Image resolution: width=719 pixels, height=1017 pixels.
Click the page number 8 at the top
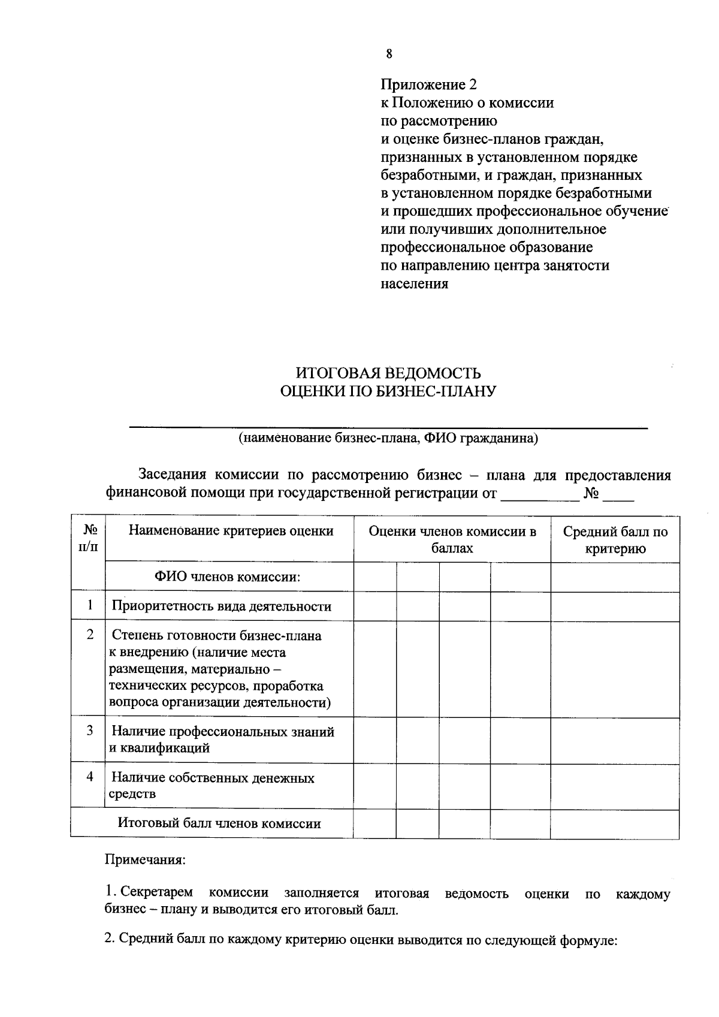coord(389,54)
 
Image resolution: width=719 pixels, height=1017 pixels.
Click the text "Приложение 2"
coord(428,85)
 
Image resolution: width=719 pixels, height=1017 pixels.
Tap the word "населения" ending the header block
coord(415,283)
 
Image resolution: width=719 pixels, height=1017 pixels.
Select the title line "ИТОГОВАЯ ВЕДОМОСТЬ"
coord(389,373)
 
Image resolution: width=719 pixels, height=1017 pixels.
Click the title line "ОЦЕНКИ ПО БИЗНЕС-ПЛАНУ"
coord(389,392)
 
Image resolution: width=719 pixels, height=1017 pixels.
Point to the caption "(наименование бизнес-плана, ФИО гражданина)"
coord(389,438)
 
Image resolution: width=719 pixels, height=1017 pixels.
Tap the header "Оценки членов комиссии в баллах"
coord(452,539)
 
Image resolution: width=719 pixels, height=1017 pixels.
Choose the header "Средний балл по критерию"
coord(615,539)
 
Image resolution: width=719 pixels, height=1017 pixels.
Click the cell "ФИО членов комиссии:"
coord(227,577)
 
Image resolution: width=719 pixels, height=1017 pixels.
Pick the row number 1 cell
coord(89,605)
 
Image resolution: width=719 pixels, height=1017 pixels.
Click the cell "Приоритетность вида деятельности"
coord(222,606)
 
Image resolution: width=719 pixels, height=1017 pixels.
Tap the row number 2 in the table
coord(89,635)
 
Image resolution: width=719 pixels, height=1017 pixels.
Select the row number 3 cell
coord(89,731)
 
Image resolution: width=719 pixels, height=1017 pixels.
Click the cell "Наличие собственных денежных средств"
coord(213,786)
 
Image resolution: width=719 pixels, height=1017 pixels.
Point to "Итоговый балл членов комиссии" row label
coord(219,823)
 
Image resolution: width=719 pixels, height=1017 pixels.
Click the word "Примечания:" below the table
coord(146,860)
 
